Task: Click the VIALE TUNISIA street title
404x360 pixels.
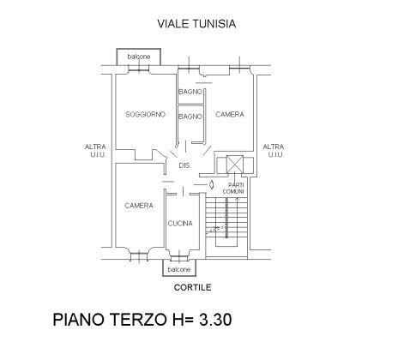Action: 196,24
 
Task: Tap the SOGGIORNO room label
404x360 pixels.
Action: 145,115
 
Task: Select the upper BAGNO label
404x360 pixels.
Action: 190,92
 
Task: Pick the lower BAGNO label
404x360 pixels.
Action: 190,117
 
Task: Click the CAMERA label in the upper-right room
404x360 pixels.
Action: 230,115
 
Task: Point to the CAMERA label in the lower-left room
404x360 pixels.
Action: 139,206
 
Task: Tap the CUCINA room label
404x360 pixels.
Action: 180,224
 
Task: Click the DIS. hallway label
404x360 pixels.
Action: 185,165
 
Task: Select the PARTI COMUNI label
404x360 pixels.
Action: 233,189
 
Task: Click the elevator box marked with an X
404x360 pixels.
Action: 235,165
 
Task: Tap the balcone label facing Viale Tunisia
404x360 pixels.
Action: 139,57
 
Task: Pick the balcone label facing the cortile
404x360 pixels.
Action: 179,269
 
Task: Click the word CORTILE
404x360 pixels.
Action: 193,287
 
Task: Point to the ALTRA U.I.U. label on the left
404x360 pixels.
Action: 95,151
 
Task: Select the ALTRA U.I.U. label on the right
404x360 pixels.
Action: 274,151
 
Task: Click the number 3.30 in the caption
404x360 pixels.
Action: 215,320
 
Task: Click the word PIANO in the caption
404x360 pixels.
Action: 79,320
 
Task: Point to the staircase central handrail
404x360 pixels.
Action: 226,217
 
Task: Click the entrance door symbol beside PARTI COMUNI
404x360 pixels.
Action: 211,184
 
